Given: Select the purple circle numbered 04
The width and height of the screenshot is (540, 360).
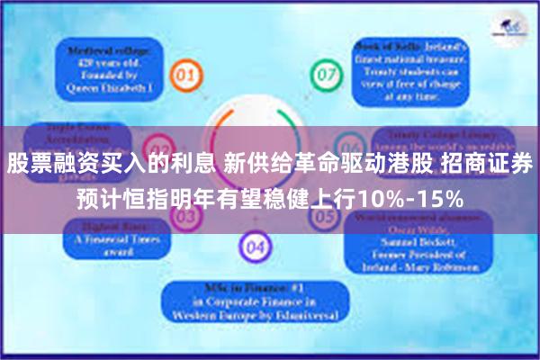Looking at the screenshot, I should tap(256, 245).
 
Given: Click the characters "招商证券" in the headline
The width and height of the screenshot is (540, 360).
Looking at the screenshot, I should tap(489, 165).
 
